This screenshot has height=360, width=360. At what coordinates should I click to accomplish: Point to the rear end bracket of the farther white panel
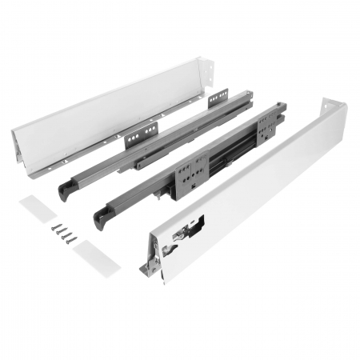click(208, 71)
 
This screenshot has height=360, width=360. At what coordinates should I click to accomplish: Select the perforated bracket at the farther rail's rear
click(218, 99)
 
